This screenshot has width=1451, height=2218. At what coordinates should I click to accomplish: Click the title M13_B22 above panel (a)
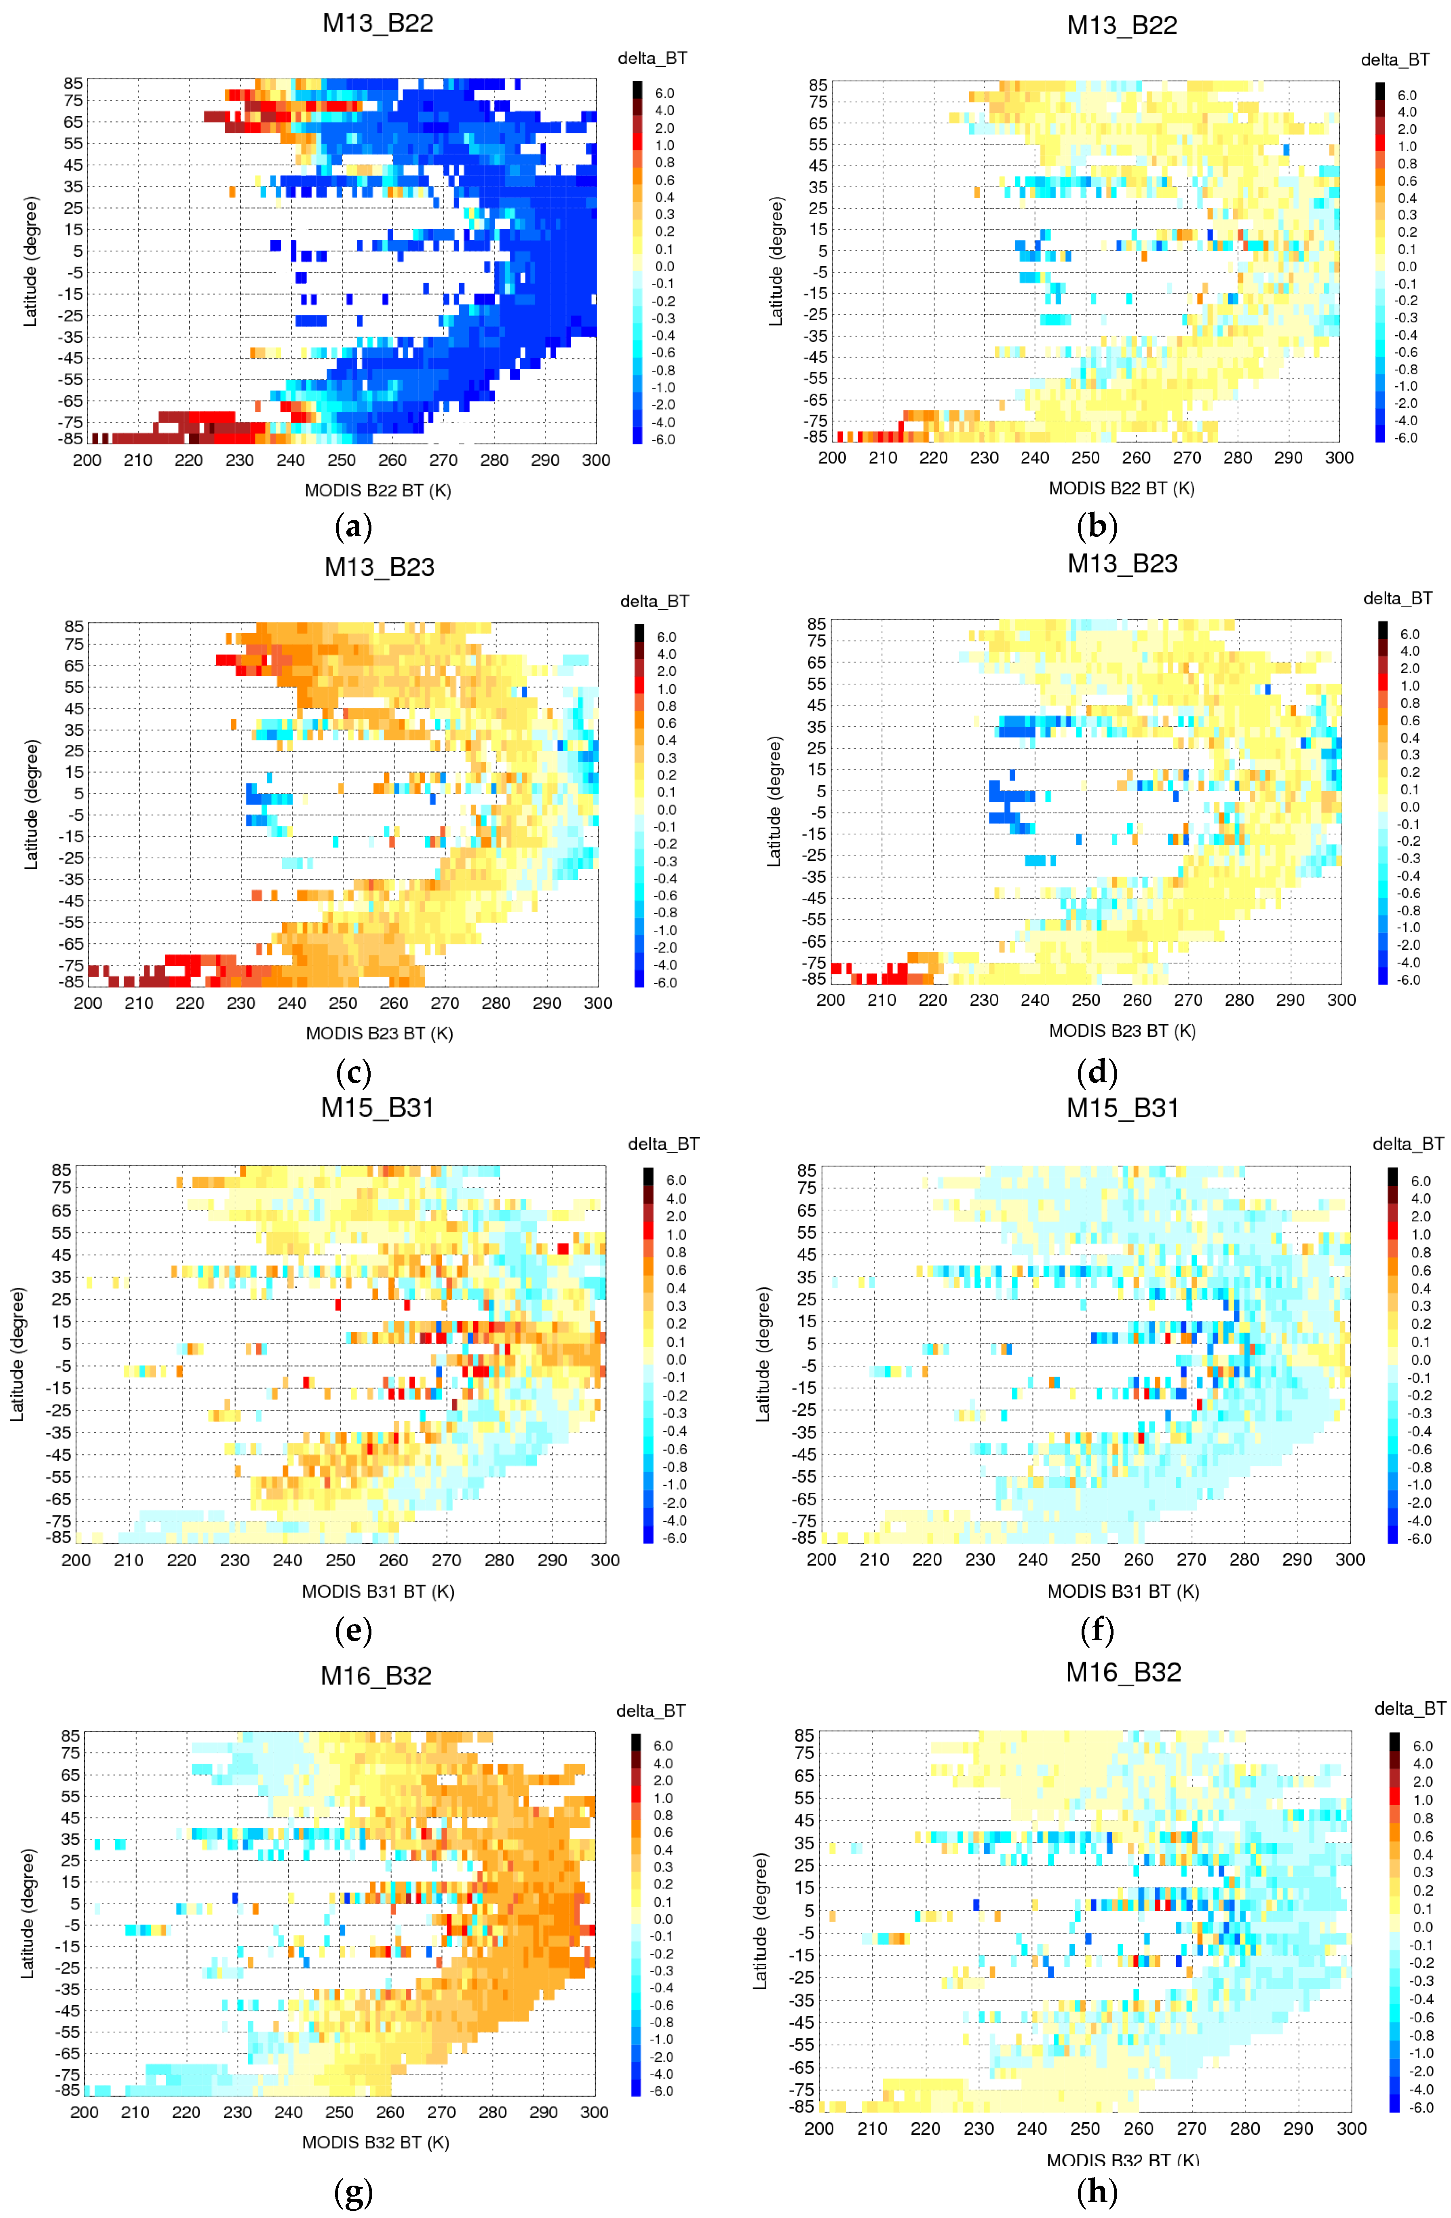378,23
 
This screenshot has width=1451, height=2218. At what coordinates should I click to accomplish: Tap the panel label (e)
353,1631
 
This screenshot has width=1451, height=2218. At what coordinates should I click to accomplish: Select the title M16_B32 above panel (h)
1123,1672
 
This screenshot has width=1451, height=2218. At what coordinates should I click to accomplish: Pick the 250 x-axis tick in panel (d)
1086,1000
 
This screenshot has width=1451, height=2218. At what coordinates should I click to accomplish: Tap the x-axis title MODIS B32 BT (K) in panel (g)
375,2142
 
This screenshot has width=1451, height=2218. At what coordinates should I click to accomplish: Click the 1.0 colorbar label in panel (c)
666,689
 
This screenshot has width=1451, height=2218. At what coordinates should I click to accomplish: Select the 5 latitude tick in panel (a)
78,251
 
